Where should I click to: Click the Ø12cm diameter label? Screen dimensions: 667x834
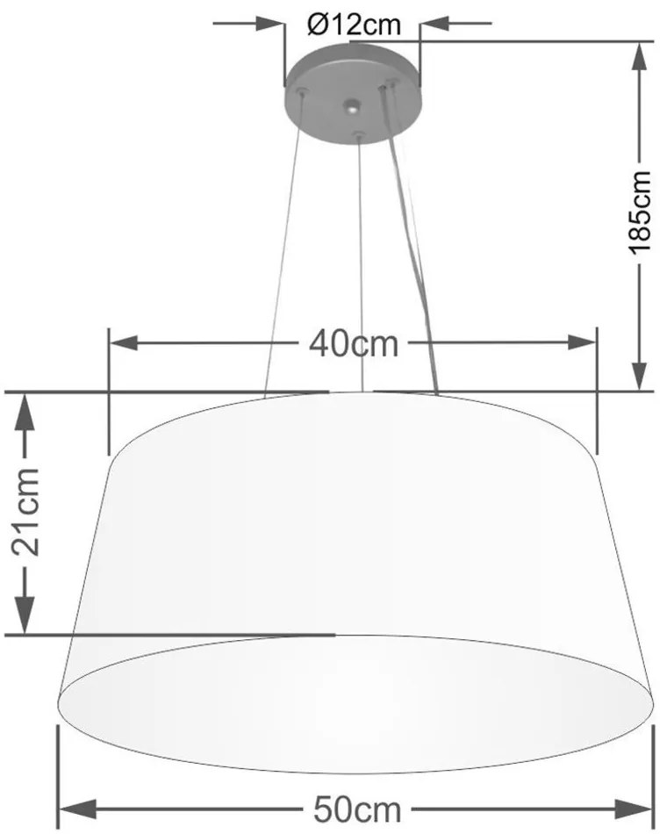354,25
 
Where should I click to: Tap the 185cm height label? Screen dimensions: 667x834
641,212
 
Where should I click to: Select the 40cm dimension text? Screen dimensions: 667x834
354,343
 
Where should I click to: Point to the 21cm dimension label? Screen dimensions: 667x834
26,512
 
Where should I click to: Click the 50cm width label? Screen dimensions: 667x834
357,810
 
